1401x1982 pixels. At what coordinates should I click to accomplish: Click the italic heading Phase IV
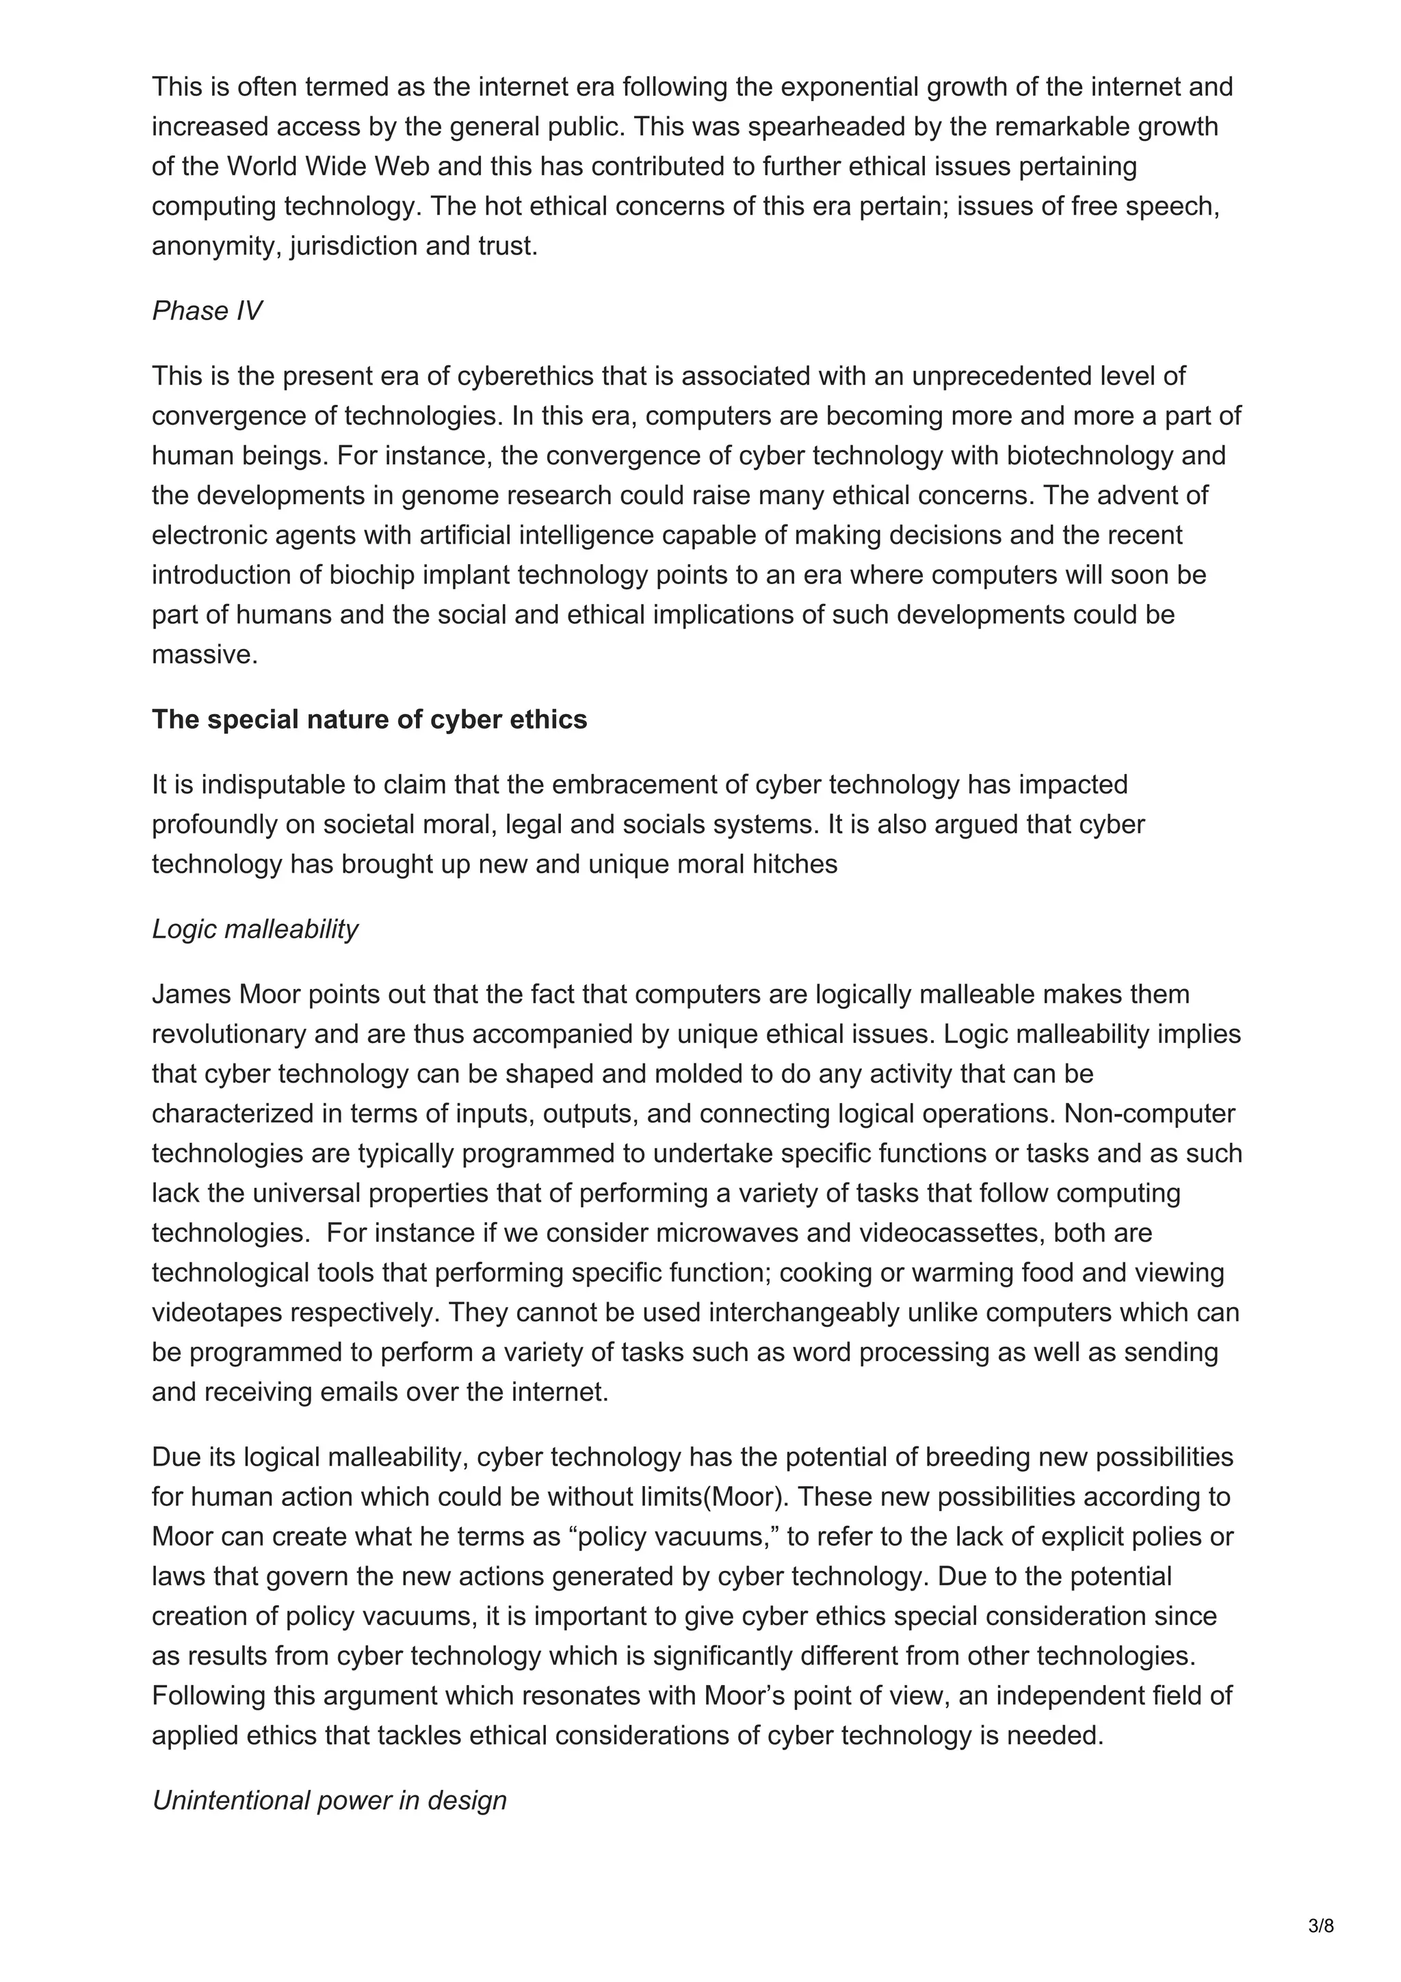point(207,310)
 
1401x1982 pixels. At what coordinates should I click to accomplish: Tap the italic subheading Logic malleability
point(254,929)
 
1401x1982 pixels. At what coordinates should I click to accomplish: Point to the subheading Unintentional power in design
point(329,1800)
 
